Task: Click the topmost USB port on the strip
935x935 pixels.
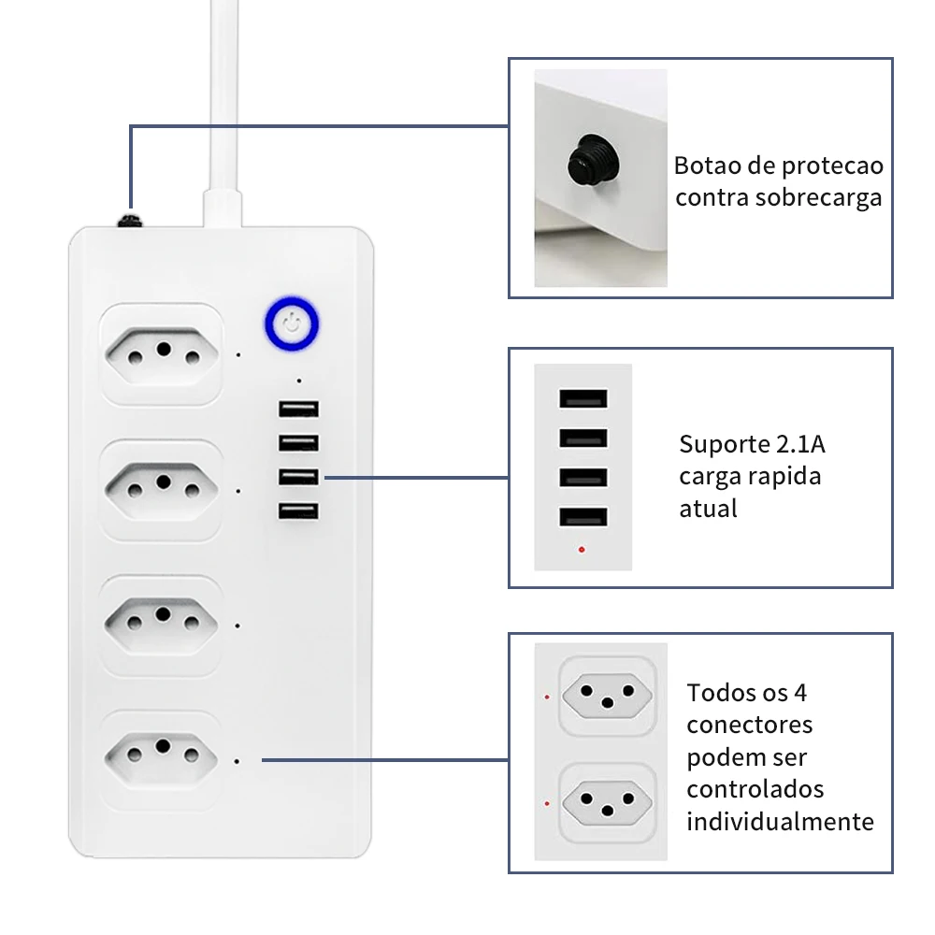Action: (x=298, y=409)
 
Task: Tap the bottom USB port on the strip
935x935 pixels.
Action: (x=298, y=511)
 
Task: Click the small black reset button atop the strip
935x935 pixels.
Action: (x=128, y=221)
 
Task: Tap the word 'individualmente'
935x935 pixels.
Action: (x=780, y=822)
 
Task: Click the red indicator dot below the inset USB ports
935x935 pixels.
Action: (x=582, y=549)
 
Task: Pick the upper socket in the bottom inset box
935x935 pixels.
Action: (x=605, y=696)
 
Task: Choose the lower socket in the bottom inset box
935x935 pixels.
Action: (x=605, y=800)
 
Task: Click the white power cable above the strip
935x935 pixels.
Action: (x=224, y=103)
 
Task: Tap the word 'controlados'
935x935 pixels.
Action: (x=755, y=789)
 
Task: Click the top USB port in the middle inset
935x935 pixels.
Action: (x=583, y=397)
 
